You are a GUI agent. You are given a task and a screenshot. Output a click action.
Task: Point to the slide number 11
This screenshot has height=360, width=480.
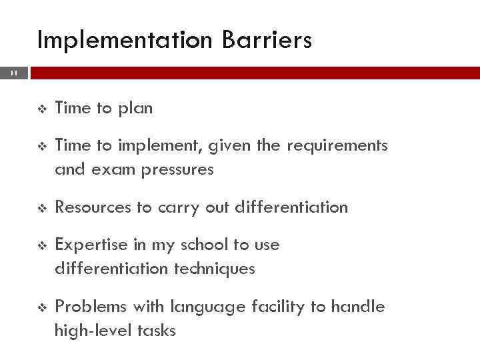[14, 73]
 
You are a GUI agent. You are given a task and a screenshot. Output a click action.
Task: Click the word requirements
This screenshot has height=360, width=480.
[337, 146]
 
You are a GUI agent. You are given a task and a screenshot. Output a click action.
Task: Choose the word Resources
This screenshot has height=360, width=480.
[94, 207]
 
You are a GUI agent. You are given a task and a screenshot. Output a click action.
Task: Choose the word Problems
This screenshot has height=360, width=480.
[91, 307]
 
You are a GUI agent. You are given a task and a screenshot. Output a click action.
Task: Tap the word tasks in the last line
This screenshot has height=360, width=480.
[155, 331]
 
